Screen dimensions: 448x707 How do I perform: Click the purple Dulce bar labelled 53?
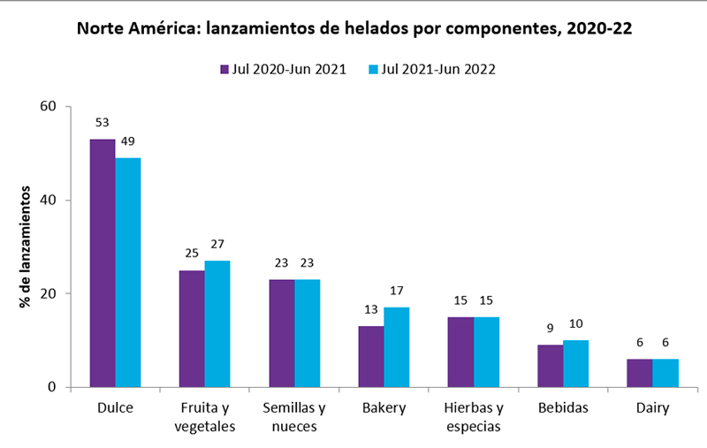103,262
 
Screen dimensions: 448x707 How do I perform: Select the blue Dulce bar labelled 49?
128,272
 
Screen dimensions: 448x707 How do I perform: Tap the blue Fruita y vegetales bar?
217,323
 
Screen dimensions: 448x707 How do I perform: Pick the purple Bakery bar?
371,356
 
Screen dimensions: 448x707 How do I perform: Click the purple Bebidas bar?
550,366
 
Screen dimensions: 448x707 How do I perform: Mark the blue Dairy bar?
665,373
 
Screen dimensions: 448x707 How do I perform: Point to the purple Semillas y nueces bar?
282,333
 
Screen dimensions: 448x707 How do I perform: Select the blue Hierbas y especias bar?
486,352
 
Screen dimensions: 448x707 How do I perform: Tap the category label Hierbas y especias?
474,417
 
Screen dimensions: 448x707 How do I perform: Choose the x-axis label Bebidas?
563,408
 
